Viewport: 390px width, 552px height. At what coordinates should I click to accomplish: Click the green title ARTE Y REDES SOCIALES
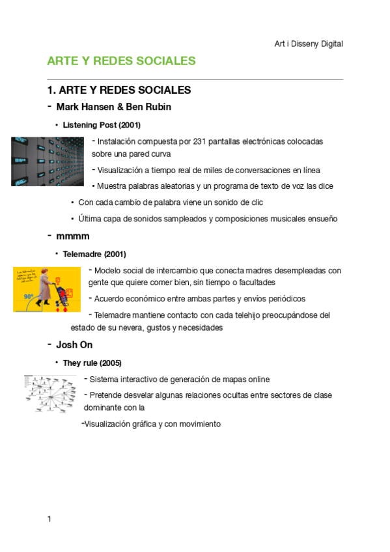pos(121,61)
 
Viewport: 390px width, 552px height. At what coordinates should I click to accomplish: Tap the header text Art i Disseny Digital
pos(309,44)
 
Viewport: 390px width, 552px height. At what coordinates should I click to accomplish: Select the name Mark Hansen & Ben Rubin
pos(114,107)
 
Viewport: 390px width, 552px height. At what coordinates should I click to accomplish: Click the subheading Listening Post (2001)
pos(102,124)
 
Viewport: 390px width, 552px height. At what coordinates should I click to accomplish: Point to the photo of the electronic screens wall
pos(48,161)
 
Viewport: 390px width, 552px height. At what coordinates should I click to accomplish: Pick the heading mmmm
pos(73,235)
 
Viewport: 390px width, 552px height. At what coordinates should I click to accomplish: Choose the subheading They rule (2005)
pos(92,363)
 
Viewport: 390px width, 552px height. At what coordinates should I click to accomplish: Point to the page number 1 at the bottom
pos(49,519)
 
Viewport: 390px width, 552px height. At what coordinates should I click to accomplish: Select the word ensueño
pos(322,219)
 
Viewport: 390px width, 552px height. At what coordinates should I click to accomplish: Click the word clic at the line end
pos(256,202)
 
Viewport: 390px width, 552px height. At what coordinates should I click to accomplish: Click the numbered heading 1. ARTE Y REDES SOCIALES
pos(118,90)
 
